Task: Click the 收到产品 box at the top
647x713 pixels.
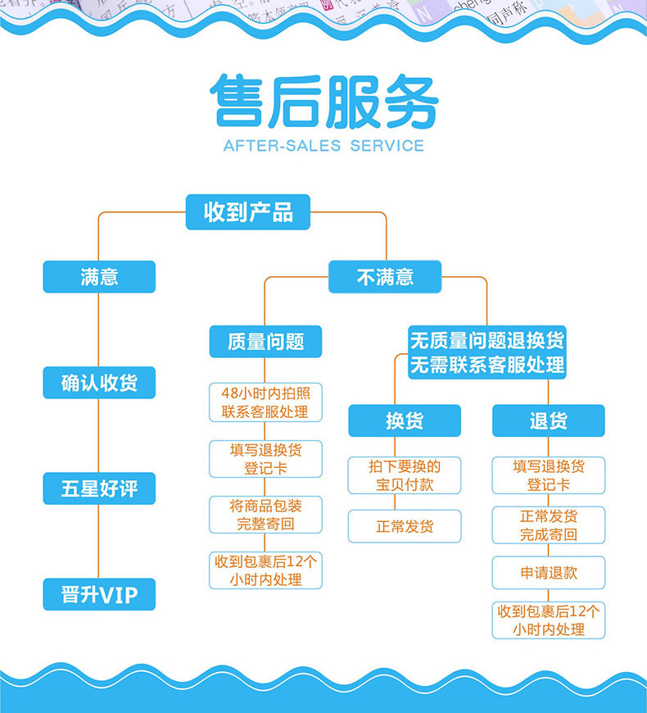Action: click(248, 212)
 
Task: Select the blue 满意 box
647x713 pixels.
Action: click(99, 277)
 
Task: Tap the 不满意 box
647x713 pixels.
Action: click(385, 277)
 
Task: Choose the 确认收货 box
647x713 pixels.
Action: click(99, 383)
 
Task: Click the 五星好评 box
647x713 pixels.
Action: click(99, 489)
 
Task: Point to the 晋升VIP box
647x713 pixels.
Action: click(99, 594)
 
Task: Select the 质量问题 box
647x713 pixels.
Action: click(265, 342)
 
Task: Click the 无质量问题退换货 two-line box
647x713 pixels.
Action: click(487, 352)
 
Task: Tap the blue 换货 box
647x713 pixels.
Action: click(405, 420)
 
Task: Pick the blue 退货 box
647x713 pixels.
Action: click(548, 420)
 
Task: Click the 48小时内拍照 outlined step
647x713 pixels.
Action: click(265, 402)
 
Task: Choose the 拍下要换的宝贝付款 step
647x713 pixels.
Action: click(405, 475)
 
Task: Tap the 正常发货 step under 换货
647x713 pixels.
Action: click(405, 526)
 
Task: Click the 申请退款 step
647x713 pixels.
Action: click(548, 572)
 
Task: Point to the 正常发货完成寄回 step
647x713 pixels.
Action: click(548, 525)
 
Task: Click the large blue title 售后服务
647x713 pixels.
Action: click(323, 101)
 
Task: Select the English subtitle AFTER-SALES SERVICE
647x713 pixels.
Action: click(323, 147)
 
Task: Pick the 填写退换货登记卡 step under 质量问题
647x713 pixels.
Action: click(265, 459)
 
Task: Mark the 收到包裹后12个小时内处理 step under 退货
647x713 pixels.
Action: click(548, 620)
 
